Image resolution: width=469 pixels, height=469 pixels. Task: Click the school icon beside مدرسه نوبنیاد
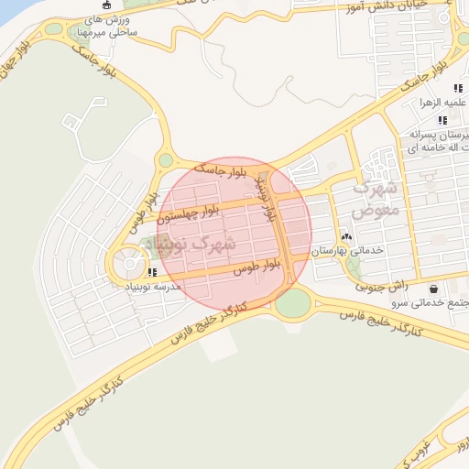click(x=152, y=272)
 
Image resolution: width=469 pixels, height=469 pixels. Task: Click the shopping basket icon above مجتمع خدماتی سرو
click(x=432, y=289)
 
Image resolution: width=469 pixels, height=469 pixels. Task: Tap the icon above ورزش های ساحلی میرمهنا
click(x=106, y=5)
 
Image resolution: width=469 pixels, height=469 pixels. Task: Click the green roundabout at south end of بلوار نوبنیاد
click(x=292, y=303)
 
